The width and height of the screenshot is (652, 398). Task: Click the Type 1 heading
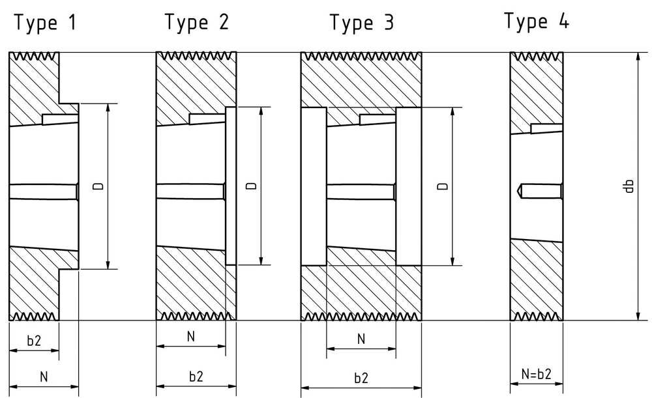coord(46,22)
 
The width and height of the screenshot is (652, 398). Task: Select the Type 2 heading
coord(197,21)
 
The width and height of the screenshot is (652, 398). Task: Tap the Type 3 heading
coord(362,22)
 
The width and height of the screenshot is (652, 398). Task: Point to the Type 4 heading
coord(537,21)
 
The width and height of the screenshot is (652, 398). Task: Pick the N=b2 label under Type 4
coord(537,374)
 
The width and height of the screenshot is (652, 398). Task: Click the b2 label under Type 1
coord(34,341)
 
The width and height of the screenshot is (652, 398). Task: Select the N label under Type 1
coord(44,377)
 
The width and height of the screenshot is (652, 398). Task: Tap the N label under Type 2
coord(191,337)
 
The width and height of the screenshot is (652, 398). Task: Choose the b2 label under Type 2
coord(196,377)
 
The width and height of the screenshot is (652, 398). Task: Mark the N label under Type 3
coord(361,339)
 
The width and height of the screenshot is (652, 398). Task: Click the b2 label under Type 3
coord(361,378)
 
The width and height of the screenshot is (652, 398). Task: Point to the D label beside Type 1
coord(98,186)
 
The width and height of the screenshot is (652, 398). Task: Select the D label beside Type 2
coord(252,186)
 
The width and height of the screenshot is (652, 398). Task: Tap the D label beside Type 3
coord(443,186)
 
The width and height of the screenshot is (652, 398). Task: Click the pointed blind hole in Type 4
coord(540,191)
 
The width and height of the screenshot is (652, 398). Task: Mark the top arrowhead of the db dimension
coord(640,59)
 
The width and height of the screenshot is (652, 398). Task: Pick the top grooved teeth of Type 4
coord(537,55)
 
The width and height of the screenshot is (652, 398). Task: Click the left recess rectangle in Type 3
coord(314,186)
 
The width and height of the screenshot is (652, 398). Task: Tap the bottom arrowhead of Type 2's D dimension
coord(261,259)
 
